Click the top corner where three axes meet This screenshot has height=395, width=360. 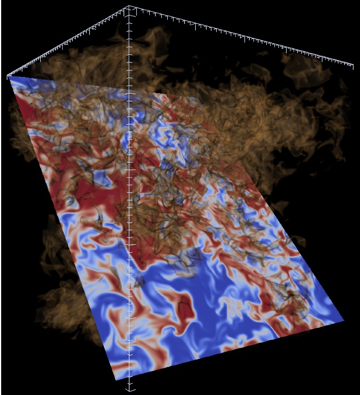click(x=129, y=8)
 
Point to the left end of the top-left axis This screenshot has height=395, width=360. click(x=8, y=76)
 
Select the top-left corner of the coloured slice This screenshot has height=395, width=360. click(x=10, y=77)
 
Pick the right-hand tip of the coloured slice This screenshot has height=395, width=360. click(x=344, y=320)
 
